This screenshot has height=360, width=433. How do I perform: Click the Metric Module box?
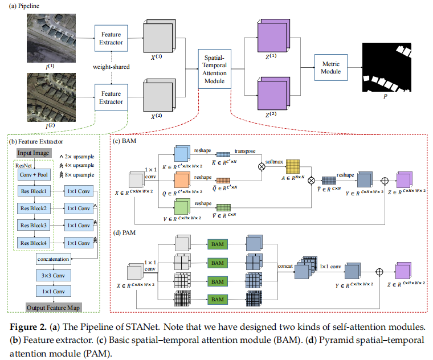(x=331, y=67)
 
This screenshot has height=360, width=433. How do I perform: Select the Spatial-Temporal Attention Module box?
(x=214, y=67)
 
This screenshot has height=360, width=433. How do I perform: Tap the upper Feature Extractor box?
(x=111, y=38)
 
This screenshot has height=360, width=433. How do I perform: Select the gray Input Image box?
(x=32, y=153)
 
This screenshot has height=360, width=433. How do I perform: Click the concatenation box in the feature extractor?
(x=55, y=259)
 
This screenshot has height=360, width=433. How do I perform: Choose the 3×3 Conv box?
(x=55, y=276)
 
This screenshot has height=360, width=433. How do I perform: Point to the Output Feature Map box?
(x=54, y=308)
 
